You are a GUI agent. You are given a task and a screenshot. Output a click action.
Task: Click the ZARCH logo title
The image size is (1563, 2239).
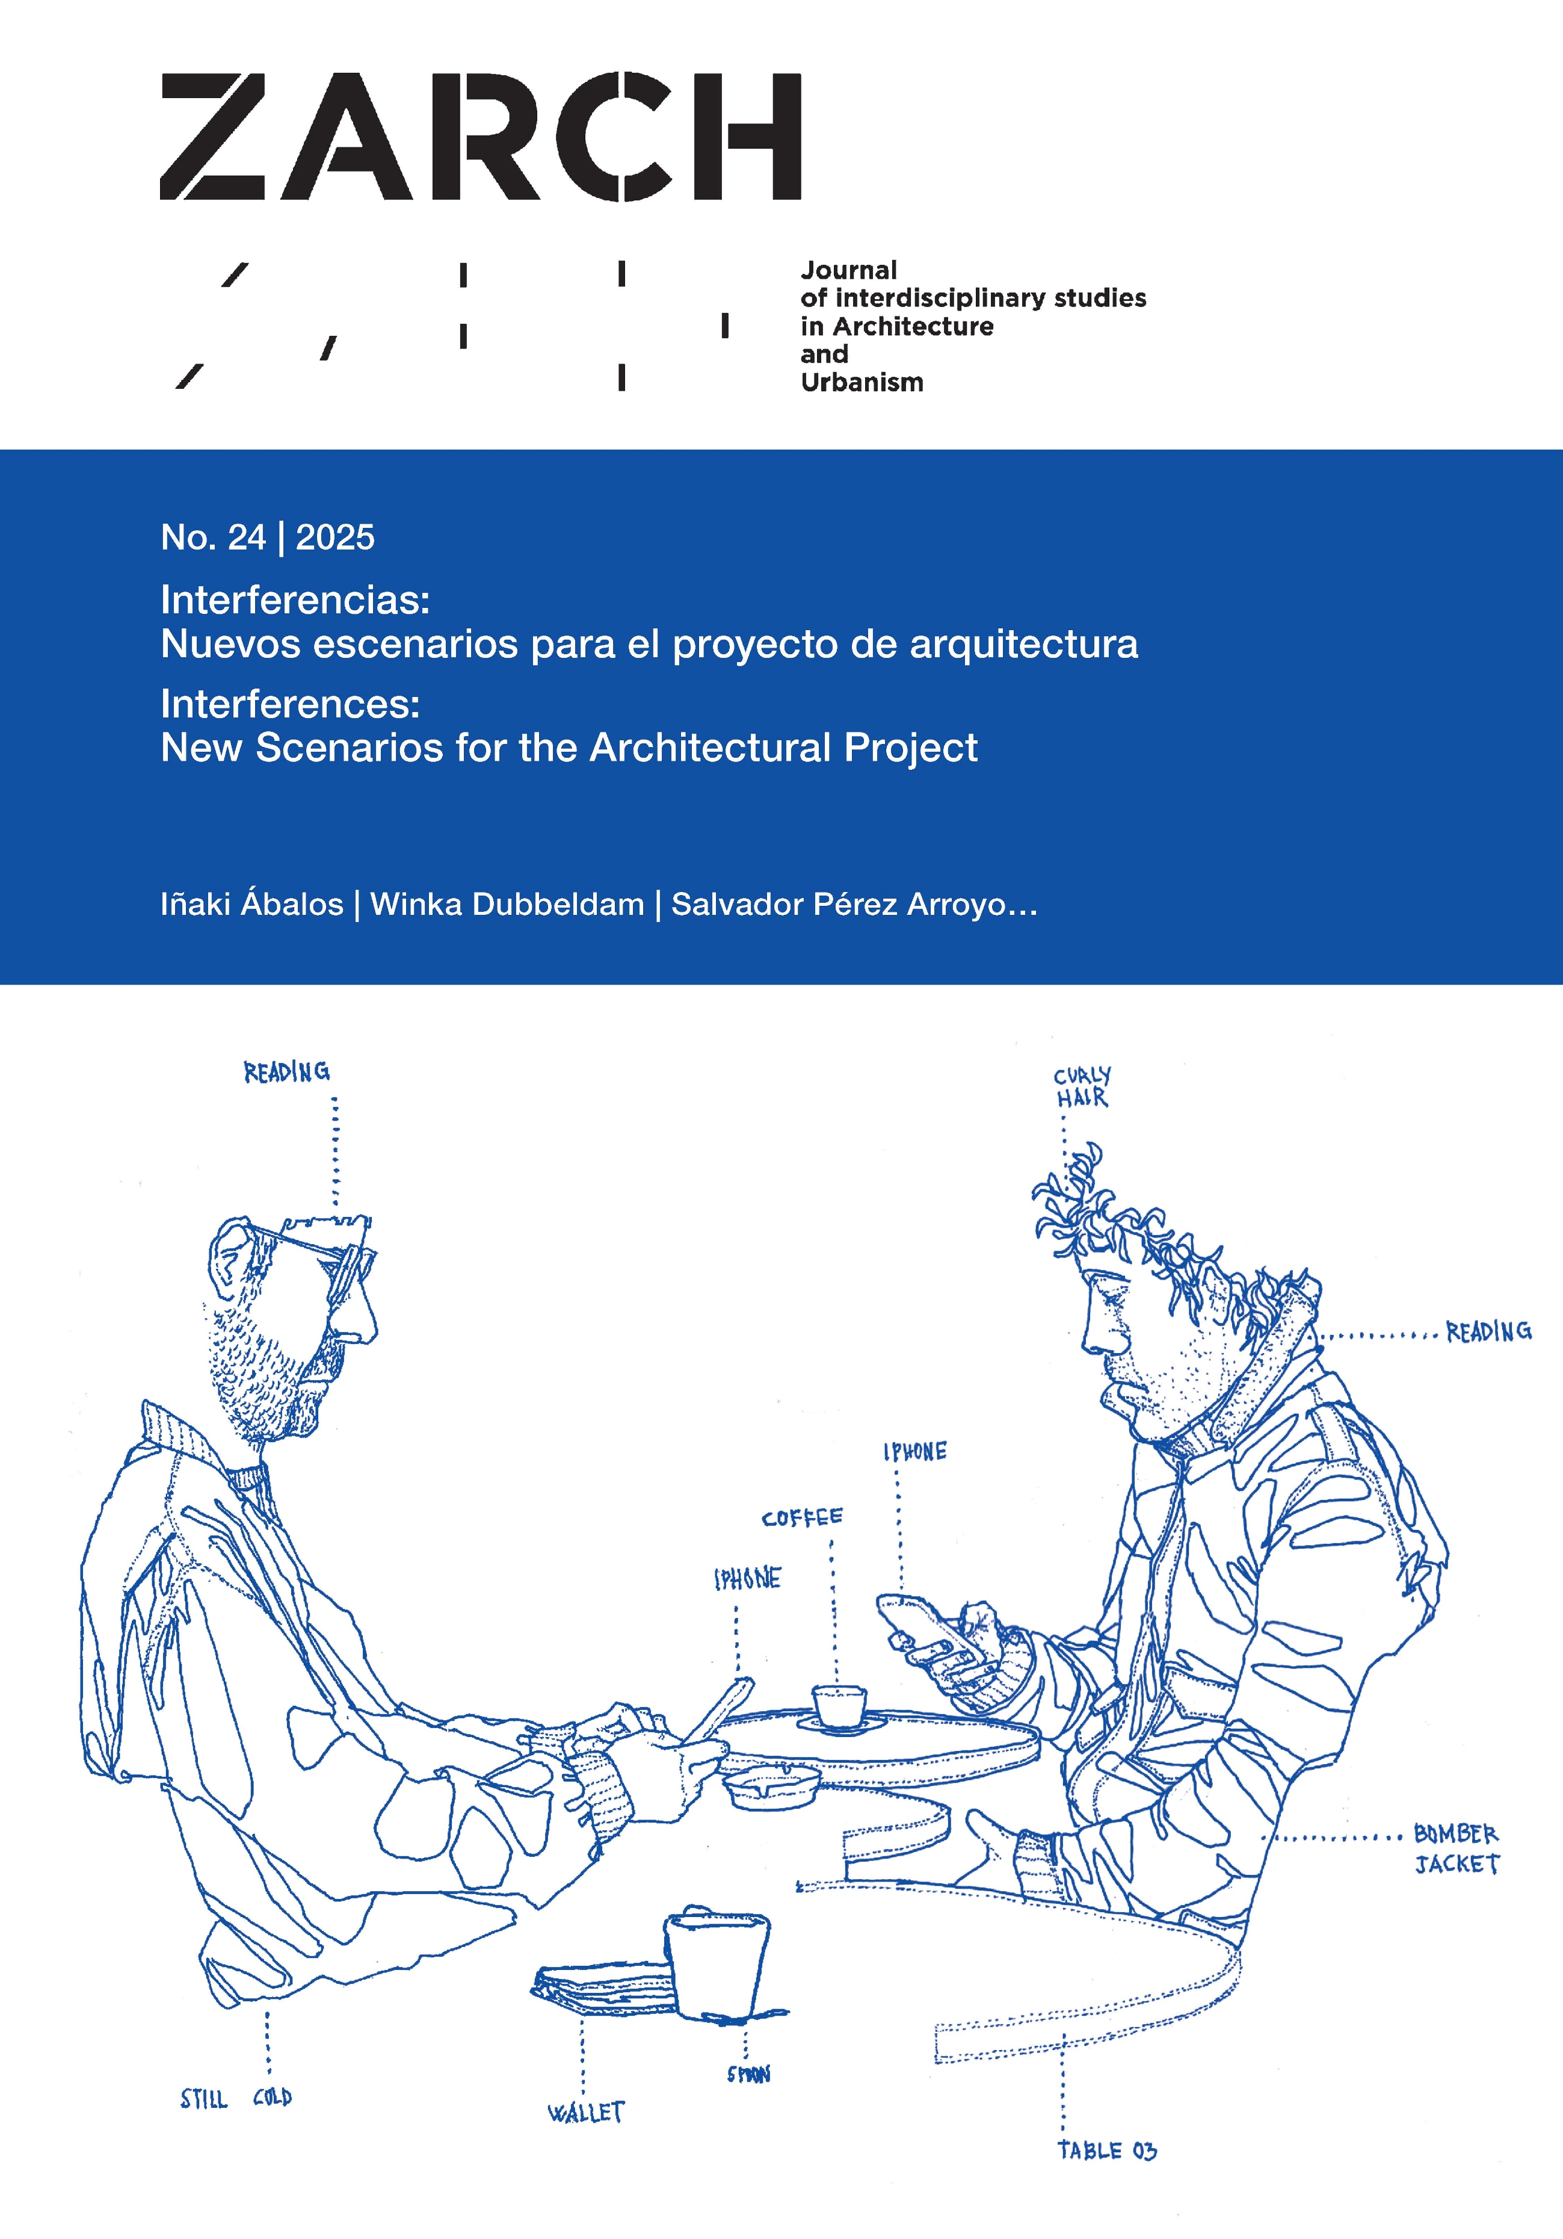(479, 137)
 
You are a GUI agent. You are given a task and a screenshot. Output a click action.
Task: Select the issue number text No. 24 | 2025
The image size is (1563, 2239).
(267, 537)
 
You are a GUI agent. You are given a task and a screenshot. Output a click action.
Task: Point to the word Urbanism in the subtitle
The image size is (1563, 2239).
(862, 382)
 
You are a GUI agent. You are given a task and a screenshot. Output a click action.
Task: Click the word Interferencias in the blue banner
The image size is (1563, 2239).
(294, 599)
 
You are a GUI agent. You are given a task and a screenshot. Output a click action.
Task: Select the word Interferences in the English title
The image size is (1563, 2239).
(289, 703)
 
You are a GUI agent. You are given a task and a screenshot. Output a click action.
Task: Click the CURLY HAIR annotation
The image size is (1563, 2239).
(1081, 1086)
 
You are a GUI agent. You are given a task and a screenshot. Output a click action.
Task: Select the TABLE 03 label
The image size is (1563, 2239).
(1107, 2151)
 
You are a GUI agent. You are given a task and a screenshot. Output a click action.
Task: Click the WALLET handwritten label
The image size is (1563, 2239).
(586, 2112)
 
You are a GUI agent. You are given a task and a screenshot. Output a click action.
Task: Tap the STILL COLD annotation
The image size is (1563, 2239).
(235, 2099)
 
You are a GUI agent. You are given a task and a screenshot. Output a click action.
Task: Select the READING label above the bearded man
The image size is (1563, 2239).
(286, 1073)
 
